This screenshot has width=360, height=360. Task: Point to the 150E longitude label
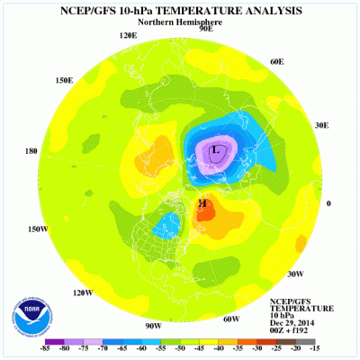63,80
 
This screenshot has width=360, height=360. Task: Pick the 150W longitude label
36,229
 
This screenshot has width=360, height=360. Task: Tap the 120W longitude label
84,292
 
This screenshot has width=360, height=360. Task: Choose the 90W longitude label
152,325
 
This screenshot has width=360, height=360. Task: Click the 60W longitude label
230,319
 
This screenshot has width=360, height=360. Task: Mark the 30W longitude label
295,274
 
